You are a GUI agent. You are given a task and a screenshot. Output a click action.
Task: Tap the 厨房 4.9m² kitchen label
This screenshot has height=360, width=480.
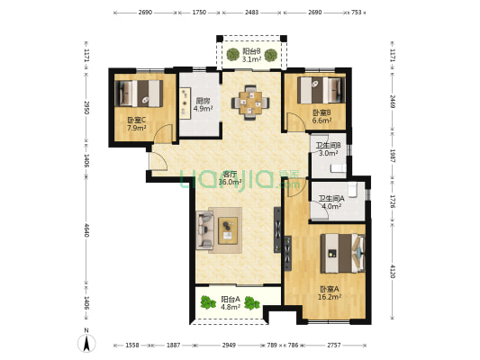[200, 105]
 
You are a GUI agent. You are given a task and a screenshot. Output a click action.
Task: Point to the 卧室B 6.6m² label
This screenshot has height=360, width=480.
[322, 115]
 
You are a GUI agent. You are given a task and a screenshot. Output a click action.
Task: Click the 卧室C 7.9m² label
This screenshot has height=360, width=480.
[136, 124]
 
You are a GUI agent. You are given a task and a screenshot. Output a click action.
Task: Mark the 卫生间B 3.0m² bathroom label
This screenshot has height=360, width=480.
[328, 149]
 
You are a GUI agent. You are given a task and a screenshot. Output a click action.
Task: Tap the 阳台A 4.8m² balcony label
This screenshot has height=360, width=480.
[231, 303]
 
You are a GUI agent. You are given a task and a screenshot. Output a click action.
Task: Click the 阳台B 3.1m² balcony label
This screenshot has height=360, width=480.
[251, 56]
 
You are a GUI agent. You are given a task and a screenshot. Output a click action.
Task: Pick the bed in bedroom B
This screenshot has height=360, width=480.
[322, 90]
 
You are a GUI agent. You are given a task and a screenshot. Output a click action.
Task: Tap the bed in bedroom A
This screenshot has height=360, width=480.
[342, 251]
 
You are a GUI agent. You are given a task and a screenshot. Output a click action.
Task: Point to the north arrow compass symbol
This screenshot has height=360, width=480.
[87, 341]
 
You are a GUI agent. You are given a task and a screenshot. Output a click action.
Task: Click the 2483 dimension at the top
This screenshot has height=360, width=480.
[251, 13]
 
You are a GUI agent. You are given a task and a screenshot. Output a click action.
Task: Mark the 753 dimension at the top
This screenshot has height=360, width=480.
[356, 13]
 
